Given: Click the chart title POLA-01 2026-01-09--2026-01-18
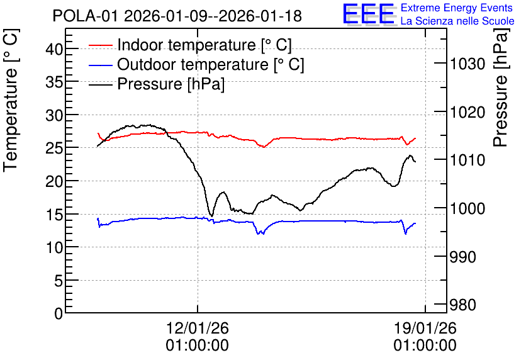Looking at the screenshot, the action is click(x=177, y=16).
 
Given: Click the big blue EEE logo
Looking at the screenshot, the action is click(x=369, y=14).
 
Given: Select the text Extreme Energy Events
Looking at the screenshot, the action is click(x=457, y=8).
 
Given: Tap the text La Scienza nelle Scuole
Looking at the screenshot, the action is click(x=457, y=21).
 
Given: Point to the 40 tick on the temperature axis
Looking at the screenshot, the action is click(x=54, y=50).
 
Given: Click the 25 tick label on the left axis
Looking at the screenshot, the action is click(x=54, y=148).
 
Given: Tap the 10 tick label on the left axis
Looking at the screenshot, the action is click(x=54, y=247).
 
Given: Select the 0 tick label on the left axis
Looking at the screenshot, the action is click(x=59, y=313).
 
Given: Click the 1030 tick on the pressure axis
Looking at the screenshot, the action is click(x=467, y=64).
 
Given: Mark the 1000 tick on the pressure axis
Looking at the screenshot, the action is click(x=467, y=209).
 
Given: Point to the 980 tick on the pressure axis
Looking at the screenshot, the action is click(x=463, y=305).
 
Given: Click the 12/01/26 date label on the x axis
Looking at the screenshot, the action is click(x=198, y=328).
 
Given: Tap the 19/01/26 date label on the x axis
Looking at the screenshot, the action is click(x=425, y=328).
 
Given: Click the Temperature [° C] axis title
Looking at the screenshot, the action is click(x=11, y=100).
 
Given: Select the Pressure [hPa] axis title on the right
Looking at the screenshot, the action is click(x=500, y=87).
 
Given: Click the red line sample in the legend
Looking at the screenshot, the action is click(x=100, y=45).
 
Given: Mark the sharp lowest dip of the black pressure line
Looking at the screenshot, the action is click(x=211, y=216).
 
